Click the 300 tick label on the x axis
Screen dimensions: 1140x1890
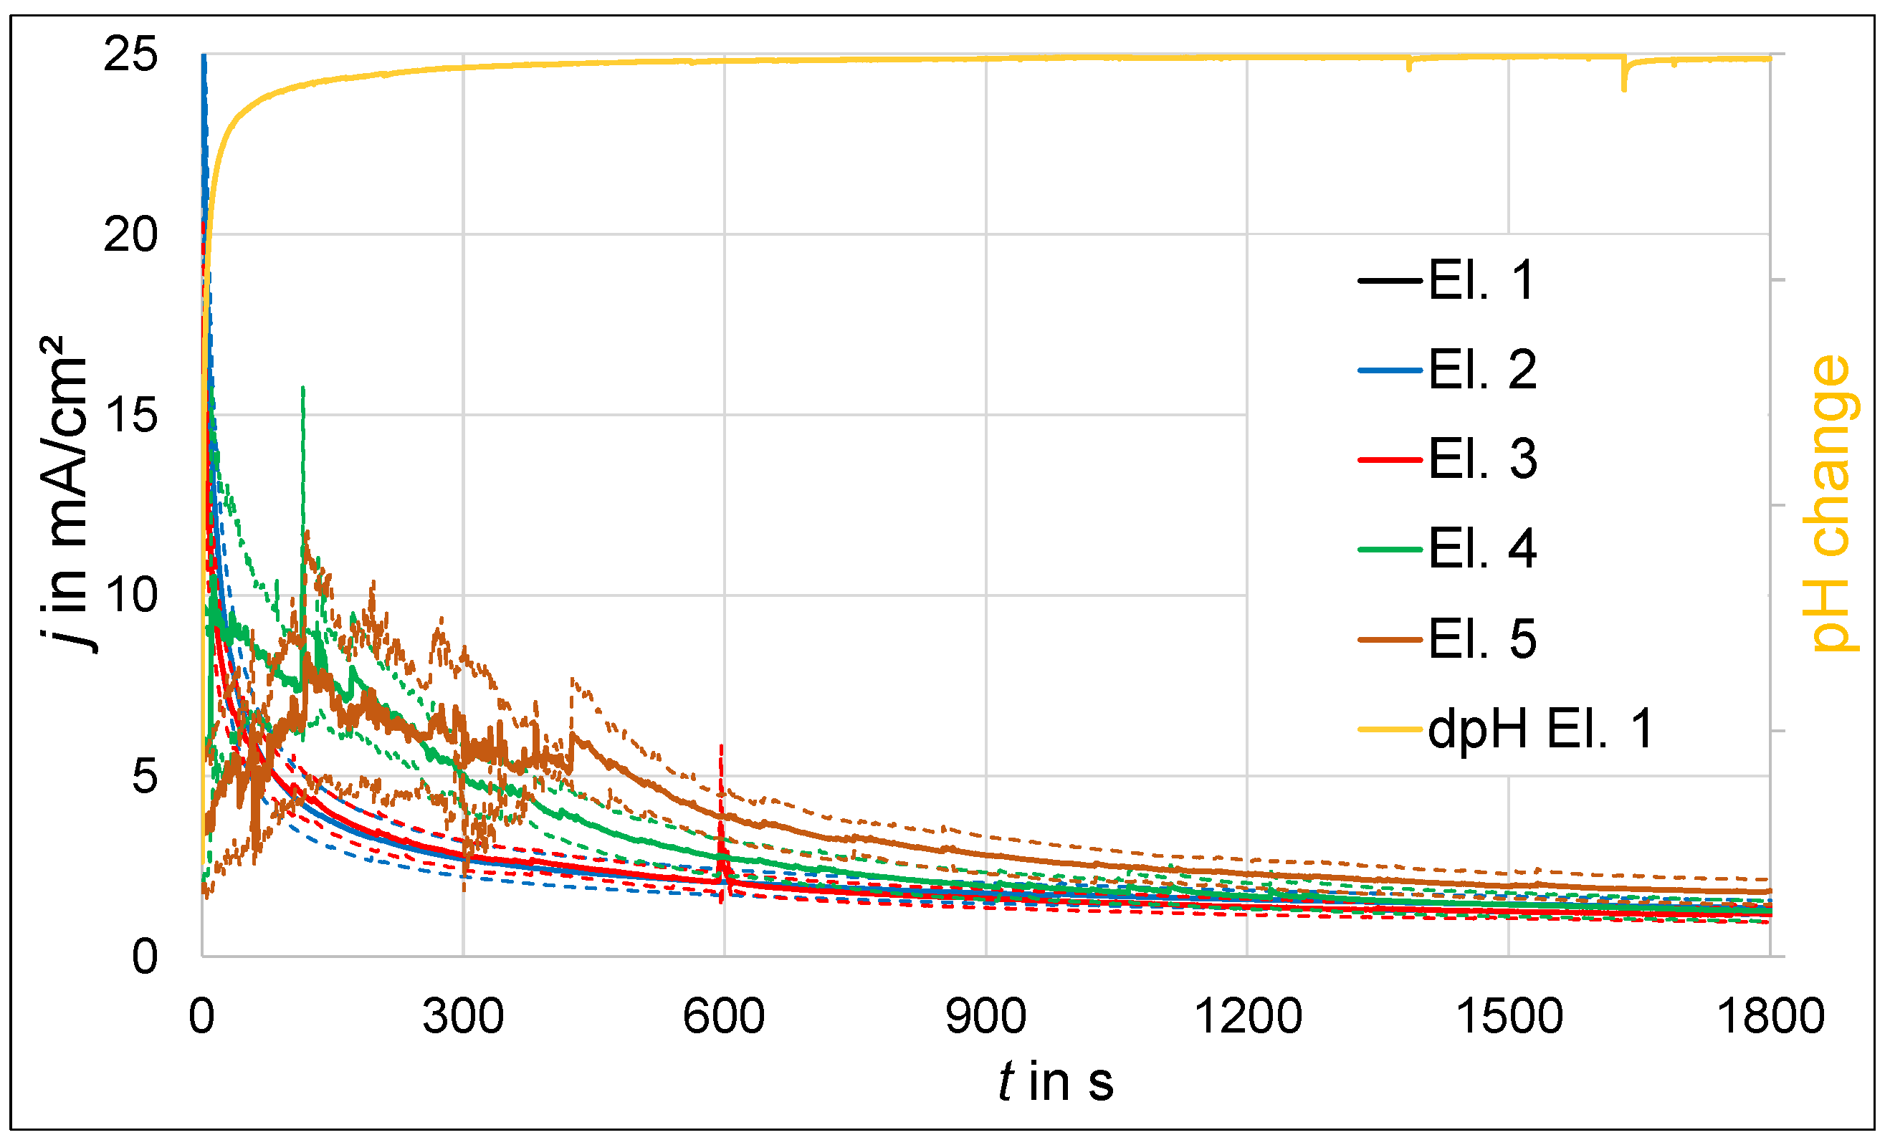coord(463,1017)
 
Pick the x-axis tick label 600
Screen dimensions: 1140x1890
coord(724,1017)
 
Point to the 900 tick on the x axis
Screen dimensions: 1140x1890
coord(985,1017)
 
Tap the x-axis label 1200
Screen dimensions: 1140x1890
coord(1248,1017)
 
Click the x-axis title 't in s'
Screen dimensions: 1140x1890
coord(1056,1082)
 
